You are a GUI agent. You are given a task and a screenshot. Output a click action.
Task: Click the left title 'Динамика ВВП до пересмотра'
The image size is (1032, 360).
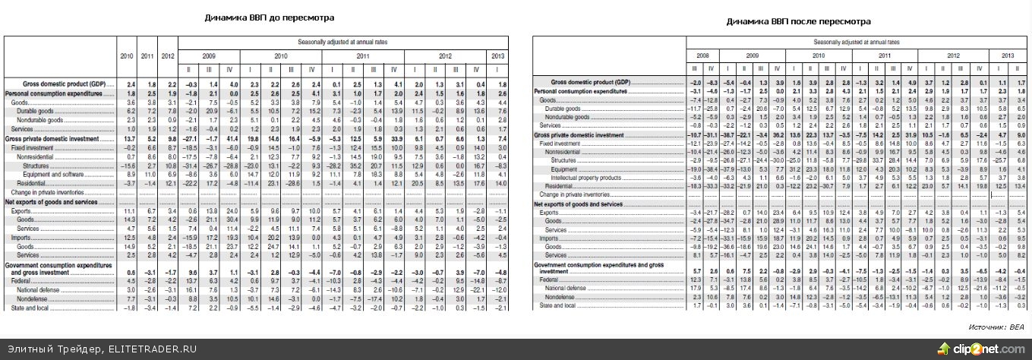(x=270, y=17)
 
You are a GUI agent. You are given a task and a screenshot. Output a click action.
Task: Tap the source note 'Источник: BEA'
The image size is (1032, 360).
(x=996, y=327)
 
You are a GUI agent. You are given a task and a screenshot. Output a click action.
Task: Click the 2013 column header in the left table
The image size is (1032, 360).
(x=497, y=55)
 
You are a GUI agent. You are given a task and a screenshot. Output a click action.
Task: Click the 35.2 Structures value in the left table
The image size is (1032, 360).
(x=376, y=165)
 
